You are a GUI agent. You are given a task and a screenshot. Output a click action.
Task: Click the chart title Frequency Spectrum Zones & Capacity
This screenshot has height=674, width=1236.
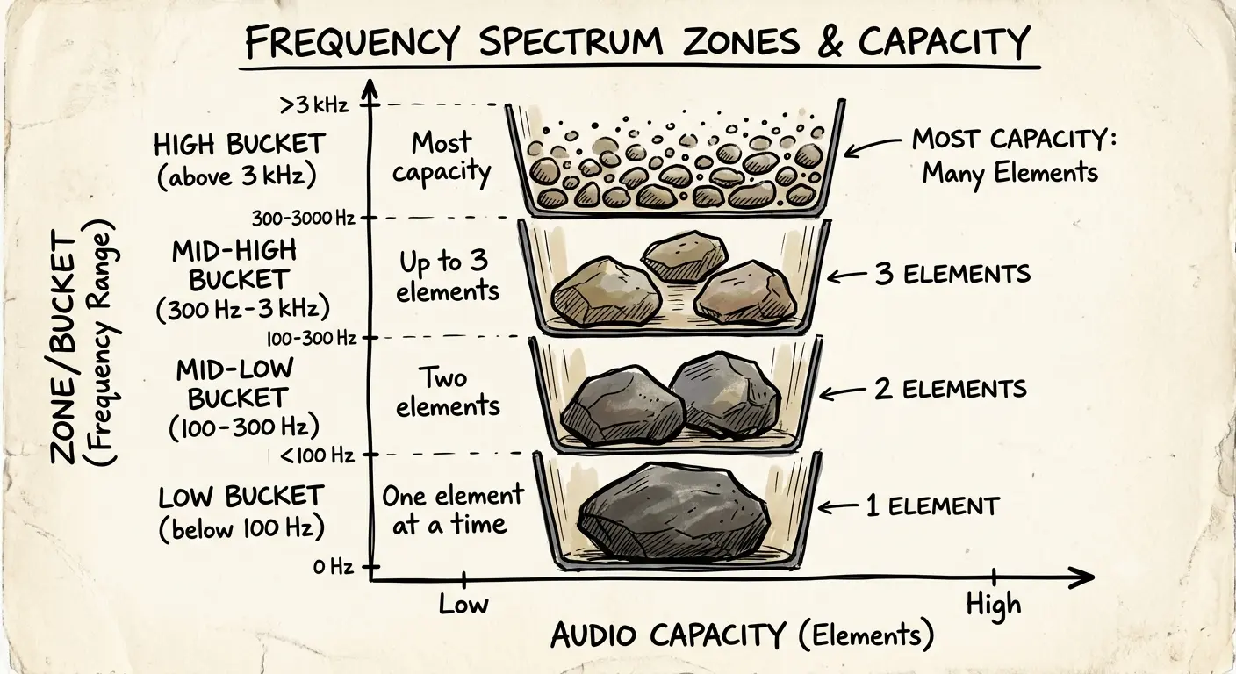click(x=637, y=41)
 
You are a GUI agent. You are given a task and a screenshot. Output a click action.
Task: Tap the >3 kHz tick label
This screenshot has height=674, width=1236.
click(x=313, y=104)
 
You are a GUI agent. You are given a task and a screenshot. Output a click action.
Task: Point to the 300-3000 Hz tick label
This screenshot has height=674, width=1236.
click(x=303, y=219)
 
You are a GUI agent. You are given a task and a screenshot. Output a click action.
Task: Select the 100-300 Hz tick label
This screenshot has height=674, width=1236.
click(x=312, y=338)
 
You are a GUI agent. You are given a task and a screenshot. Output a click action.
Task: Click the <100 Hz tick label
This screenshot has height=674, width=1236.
click(x=317, y=455)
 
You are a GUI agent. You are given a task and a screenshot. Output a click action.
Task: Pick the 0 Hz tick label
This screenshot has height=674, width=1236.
click(x=333, y=566)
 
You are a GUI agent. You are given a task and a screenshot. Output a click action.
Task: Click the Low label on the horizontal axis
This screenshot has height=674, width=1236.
click(x=463, y=605)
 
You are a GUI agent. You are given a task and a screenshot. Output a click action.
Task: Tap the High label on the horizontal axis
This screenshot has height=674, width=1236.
click(x=993, y=605)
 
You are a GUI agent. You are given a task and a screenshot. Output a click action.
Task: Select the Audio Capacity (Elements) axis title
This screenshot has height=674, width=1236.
click(x=742, y=635)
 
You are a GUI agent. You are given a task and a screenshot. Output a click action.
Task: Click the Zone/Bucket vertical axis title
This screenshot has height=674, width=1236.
click(x=64, y=351)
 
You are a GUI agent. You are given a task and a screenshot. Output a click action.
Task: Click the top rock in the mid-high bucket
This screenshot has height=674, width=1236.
click(x=684, y=256)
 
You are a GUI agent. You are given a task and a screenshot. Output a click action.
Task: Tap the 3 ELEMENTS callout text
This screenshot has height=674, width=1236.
click(x=952, y=274)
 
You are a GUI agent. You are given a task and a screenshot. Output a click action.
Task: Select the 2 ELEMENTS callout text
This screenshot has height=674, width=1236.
click(x=950, y=389)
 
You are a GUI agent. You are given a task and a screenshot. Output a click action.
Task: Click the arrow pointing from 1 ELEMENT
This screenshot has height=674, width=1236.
click(x=838, y=506)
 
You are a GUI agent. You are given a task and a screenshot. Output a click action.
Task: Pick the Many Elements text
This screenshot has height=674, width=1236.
click(x=1010, y=174)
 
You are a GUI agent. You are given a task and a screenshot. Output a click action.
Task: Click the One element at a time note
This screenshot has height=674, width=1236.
click(x=452, y=510)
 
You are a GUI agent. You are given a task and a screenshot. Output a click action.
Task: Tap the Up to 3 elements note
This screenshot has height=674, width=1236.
click(x=448, y=276)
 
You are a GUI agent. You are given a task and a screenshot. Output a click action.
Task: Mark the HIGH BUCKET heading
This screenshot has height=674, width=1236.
click(x=240, y=145)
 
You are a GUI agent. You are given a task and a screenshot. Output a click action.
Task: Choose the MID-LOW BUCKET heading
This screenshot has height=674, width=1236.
click(x=236, y=384)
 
